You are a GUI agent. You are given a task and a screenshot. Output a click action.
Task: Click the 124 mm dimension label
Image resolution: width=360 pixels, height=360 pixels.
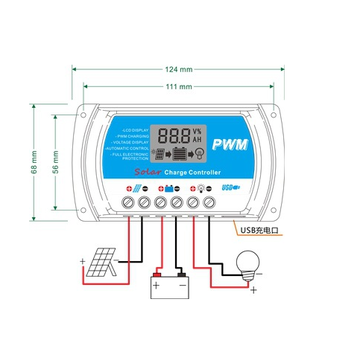[x=180, y=69]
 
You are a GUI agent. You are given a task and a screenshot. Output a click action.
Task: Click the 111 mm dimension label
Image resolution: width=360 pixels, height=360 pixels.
[x=180, y=88]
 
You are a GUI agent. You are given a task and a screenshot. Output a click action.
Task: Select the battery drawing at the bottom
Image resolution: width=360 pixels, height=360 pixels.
[x=170, y=286]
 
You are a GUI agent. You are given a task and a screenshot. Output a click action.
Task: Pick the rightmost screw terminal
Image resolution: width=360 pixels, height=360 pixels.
[x=229, y=203]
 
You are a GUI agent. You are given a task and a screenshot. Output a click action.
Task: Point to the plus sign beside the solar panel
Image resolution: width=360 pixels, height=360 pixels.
[x=82, y=263]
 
